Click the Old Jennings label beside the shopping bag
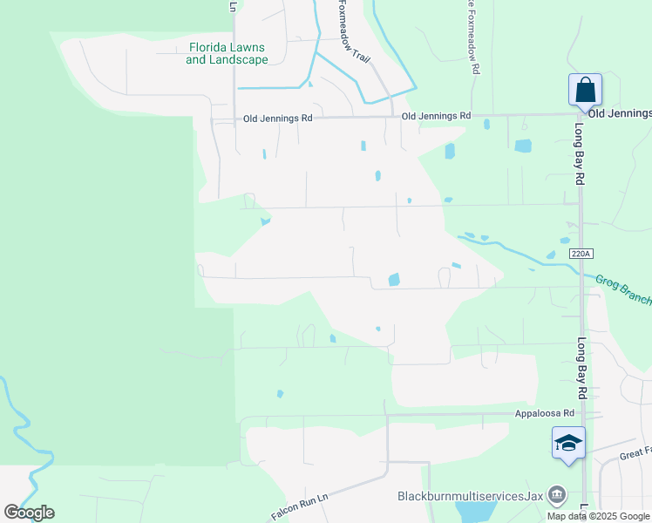(620, 113)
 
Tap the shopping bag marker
(585, 91)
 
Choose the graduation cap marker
(568, 443)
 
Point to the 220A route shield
(581, 253)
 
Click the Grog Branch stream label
(622, 289)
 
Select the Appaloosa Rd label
(545, 413)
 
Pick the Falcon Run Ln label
(298, 506)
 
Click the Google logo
(29, 513)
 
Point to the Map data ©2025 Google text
(599, 516)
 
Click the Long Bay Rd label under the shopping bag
(579, 152)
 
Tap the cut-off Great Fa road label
(635, 453)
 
